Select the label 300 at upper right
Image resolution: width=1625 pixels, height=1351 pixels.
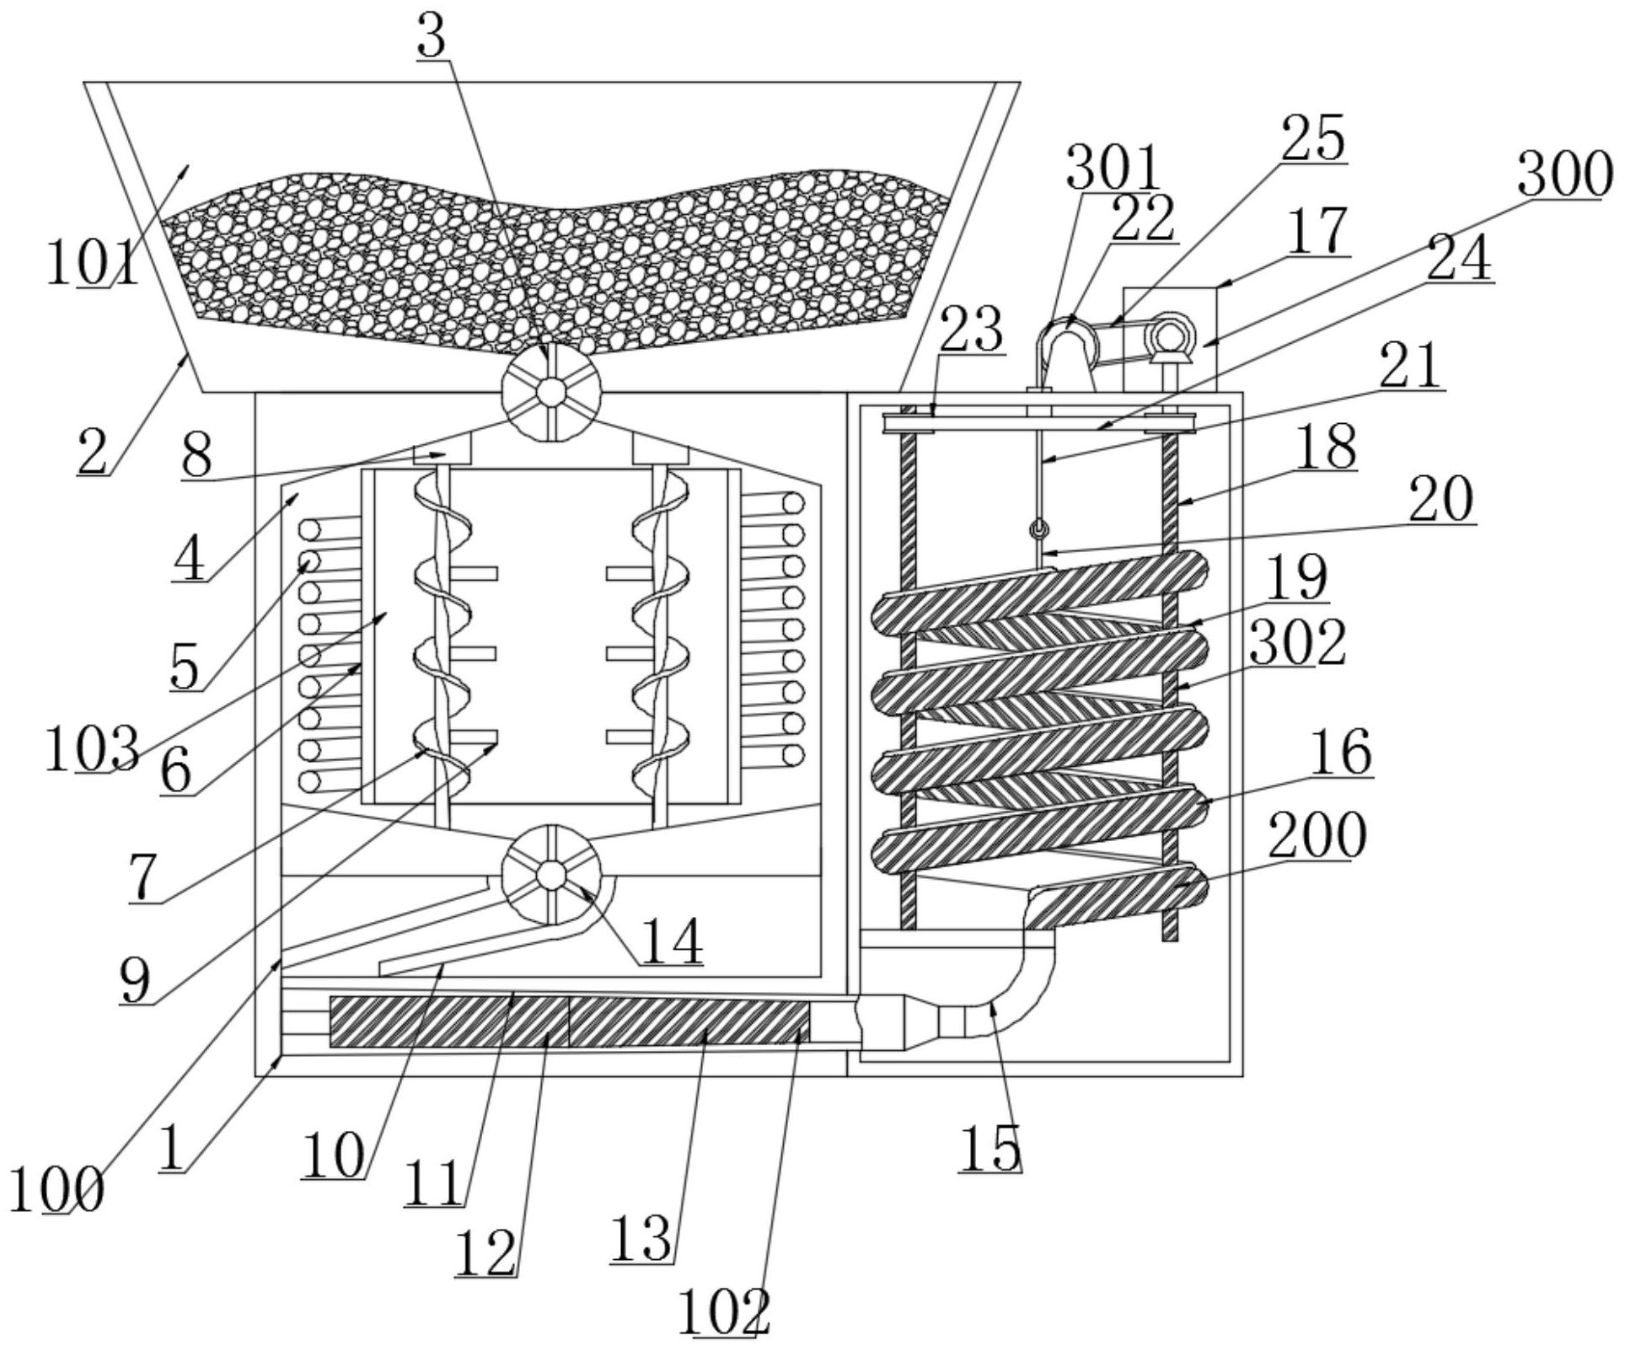point(1564,175)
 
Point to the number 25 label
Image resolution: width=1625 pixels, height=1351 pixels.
point(1313,138)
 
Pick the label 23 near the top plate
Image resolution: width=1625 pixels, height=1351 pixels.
point(971,330)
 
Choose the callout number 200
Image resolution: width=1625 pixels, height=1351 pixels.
point(1317,835)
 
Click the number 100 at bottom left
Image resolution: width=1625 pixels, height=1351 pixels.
point(56,1190)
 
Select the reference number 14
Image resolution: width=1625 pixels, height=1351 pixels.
point(672,941)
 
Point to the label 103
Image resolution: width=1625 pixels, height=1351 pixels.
point(91,748)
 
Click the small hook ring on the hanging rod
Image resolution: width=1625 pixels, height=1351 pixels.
point(1040,529)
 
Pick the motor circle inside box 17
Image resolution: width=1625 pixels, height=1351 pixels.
point(1169,336)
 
